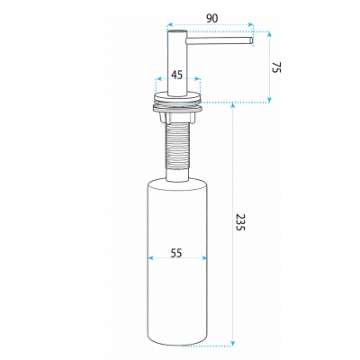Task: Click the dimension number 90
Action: pyautogui.click(x=211, y=19)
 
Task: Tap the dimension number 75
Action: pyautogui.click(x=276, y=67)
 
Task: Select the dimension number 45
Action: pyautogui.click(x=177, y=75)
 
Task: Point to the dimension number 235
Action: pyautogui.click(x=240, y=222)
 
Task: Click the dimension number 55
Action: pyautogui.click(x=176, y=253)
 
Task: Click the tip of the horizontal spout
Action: pyautogui.click(x=252, y=40)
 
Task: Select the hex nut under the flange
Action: pyautogui.click(x=178, y=117)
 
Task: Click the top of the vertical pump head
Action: pyautogui.click(x=177, y=31)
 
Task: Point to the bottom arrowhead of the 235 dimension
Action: pyautogui.click(x=232, y=343)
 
